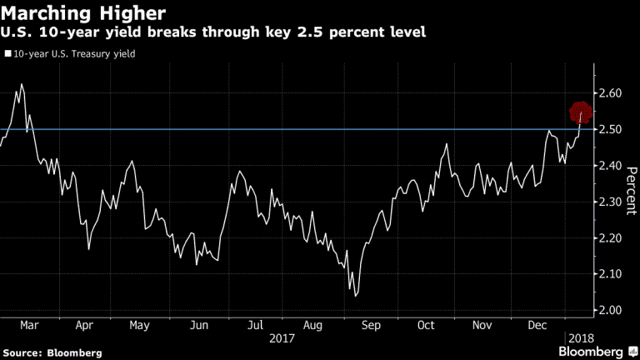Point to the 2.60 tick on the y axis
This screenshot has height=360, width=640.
[611, 93]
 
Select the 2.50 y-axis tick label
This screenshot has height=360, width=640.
[611, 129]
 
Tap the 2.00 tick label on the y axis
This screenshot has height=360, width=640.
[611, 311]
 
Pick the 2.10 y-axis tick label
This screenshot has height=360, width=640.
[611, 274]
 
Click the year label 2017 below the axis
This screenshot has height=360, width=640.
[282, 340]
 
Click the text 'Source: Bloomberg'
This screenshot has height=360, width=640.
[52, 352]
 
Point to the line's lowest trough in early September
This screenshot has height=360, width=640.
[356, 295]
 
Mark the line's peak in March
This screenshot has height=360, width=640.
[21, 85]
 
